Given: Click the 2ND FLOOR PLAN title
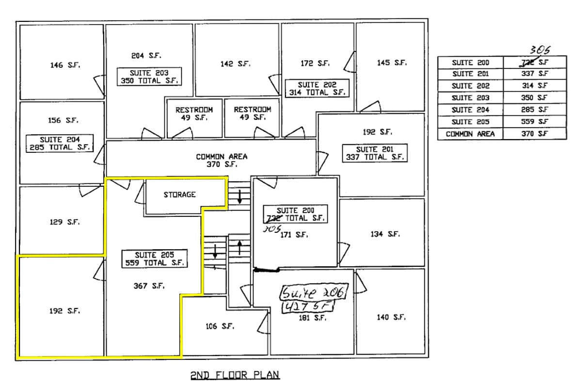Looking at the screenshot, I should tap(235, 375).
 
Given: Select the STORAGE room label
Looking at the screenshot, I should tap(179, 194).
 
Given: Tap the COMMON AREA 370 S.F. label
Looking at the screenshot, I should tap(222, 160).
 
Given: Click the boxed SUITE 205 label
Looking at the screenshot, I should tap(154, 259).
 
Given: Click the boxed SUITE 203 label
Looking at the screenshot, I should tap(149, 77).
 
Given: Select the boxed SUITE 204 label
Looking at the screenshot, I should tap(59, 144).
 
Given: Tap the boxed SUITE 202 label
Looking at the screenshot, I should tap(317, 88).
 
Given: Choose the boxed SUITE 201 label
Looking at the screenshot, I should tap(374, 153).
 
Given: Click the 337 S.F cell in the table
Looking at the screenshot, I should tap(535, 74).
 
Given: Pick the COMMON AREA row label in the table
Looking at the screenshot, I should tap(470, 134).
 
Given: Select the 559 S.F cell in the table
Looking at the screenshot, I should tap(535, 122).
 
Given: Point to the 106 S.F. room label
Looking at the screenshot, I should tap(220, 326).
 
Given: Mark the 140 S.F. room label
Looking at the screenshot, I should tap(391, 317).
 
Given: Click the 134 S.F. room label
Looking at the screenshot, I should tap(385, 234).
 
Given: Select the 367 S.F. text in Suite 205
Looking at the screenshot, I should tap(149, 286).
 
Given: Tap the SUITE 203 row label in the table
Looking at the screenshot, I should tap(470, 98).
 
